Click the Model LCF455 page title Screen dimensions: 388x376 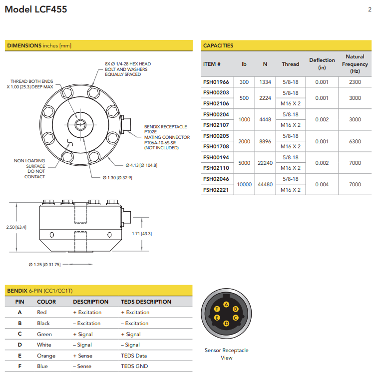[35, 9]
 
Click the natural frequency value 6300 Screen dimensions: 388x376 [355, 141]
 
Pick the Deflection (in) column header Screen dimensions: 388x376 [322, 63]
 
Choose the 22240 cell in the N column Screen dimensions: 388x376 [265, 163]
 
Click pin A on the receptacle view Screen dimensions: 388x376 [226, 304]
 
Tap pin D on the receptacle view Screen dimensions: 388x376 [226, 323]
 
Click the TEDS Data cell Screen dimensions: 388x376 [134, 356]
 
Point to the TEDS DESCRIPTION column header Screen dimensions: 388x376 [146, 302]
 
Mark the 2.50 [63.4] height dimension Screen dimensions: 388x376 [16, 227]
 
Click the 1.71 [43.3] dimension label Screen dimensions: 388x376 [142, 234]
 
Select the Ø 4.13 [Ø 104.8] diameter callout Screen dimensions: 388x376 [141, 165]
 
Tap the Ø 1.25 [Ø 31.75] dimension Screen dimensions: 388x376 [45, 265]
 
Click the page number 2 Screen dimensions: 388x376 [369, 9]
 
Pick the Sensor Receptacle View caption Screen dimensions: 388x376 [226, 354]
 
